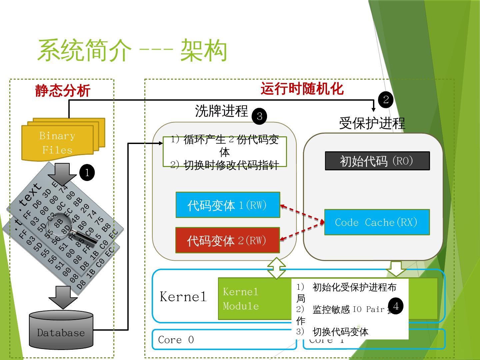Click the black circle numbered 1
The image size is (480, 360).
(87, 173)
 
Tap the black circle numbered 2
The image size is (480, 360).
(386, 100)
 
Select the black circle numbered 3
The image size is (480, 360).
(259, 116)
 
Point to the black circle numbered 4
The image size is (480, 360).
(396, 306)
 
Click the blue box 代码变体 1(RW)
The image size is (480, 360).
(228, 205)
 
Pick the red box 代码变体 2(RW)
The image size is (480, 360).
(227, 240)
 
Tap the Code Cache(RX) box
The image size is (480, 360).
(377, 222)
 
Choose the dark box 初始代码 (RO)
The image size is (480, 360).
(377, 161)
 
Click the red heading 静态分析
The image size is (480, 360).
(63, 91)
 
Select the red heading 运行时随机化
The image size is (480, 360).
(302, 89)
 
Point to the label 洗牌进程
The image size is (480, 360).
(222, 111)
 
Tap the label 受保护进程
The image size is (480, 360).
(372, 123)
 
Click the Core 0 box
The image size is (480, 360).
(224, 340)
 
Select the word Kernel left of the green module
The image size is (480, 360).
(183, 297)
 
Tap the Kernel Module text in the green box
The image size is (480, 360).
(241, 299)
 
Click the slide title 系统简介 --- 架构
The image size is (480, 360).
(132, 51)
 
